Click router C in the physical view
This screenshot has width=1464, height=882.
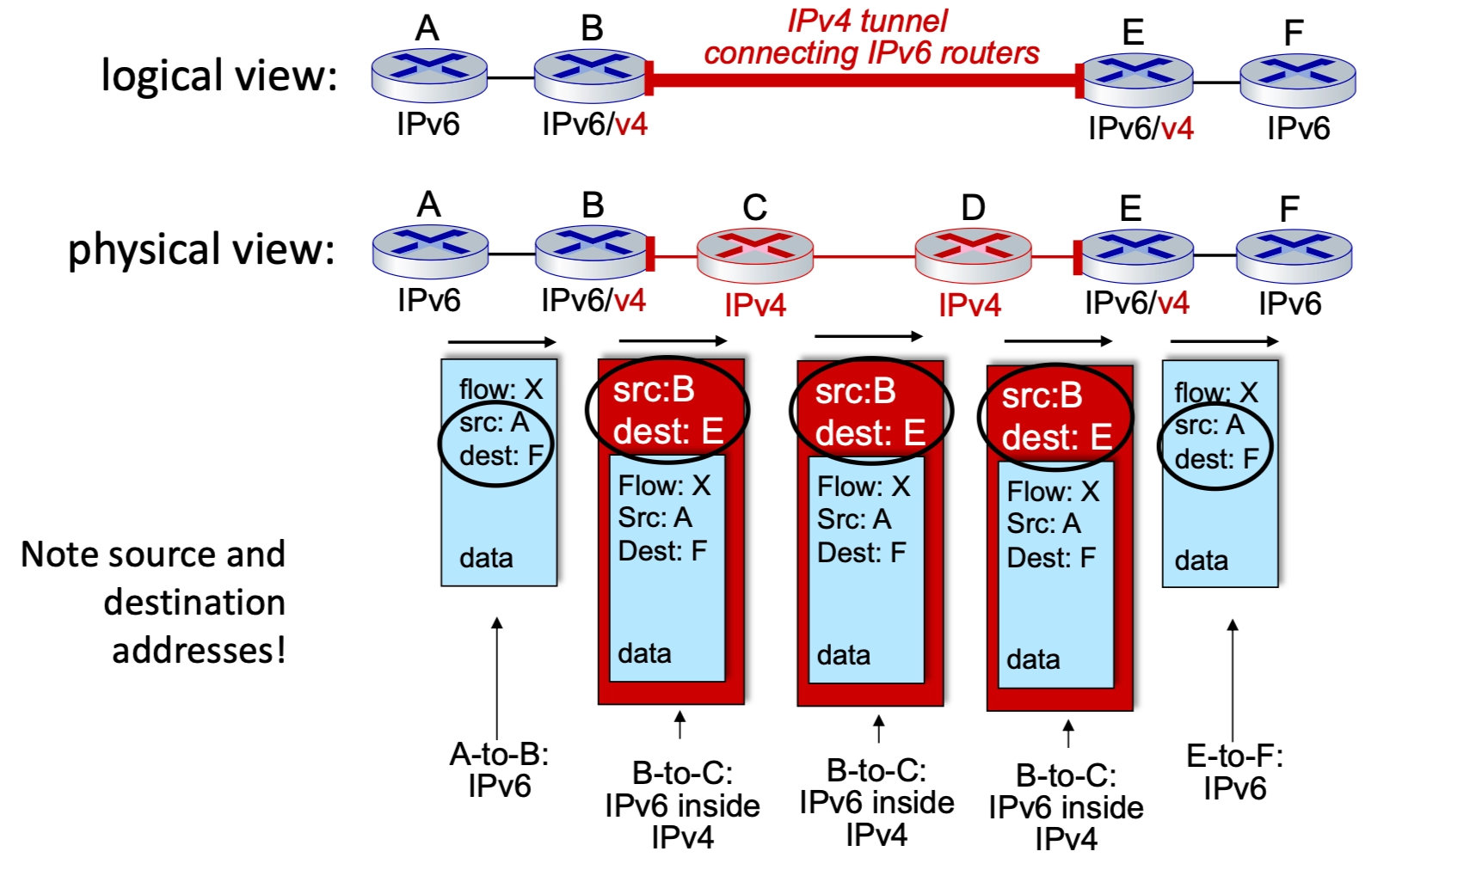point(754,254)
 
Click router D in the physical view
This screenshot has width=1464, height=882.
point(973,254)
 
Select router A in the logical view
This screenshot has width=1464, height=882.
point(429,76)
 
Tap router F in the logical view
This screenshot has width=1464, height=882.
point(1297,80)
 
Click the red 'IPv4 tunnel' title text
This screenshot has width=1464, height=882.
point(867,21)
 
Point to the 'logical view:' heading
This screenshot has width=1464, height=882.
point(219,76)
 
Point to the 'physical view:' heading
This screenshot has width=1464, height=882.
point(201,250)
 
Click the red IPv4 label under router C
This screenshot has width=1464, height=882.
point(754,305)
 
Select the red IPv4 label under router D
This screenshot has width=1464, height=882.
point(969,305)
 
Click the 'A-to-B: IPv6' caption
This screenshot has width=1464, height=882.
point(499,770)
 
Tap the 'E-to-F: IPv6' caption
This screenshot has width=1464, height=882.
point(1234,772)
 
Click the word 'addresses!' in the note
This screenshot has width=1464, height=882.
point(199,650)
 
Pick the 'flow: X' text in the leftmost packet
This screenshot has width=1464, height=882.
point(501,389)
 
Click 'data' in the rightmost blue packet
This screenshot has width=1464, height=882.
point(1201,560)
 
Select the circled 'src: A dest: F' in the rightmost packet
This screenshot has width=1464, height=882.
point(1215,443)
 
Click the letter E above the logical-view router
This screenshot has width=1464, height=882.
point(1133,33)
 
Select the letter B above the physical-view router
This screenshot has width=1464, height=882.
point(593,205)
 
